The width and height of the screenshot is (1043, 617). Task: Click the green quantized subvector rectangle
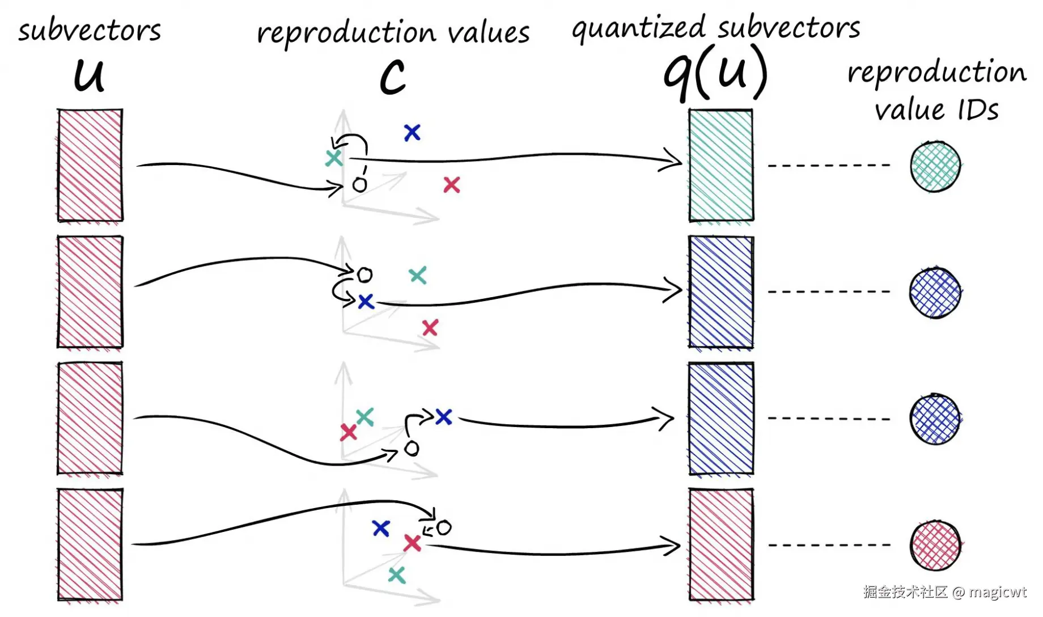(x=720, y=165)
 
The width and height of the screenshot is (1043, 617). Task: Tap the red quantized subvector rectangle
(x=720, y=544)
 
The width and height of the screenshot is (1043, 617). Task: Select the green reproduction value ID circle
(x=935, y=167)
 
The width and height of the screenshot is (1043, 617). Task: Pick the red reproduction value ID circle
(x=935, y=546)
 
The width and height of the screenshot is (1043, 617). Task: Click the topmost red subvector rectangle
(x=90, y=165)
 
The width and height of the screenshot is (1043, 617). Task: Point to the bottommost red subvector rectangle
(x=90, y=544)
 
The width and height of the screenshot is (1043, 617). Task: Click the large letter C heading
(x=393, y=77)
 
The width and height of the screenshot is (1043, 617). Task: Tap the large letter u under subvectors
(x=90, y=75)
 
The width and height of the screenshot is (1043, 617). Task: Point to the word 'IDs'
(x=978, y=109)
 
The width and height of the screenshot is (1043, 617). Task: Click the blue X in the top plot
(x=412, y=133)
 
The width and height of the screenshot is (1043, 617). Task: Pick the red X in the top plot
(x=452, y=185)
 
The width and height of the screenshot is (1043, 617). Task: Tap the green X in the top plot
(x=334, y=158)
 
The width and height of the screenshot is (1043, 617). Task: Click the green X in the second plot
(x=418, y=276)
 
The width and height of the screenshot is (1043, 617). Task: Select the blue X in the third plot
(x=443, y=417)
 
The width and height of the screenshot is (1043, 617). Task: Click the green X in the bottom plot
(x=397, y=575)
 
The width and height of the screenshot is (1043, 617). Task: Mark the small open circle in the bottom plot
(x=444, y=528)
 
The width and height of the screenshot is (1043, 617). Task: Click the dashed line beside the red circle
(x=829, y=545)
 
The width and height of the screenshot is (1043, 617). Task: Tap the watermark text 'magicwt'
(x=997, y=592)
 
